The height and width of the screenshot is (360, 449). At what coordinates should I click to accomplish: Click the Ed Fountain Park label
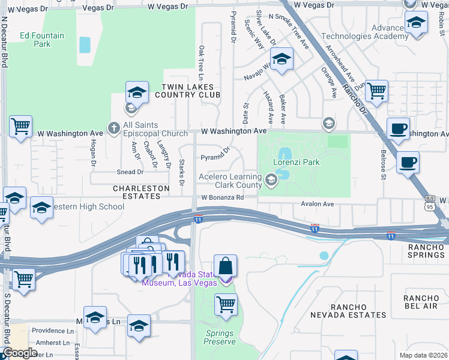(x=41, y=40)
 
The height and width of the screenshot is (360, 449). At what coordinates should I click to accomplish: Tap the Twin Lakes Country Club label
(x=188, y=91)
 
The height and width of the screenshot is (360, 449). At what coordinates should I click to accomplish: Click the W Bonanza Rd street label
(x=222, y=197)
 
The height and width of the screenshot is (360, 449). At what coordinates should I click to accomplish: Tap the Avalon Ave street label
(x=317, y=204)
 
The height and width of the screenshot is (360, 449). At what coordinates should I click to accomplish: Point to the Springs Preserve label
(x=220, y=337)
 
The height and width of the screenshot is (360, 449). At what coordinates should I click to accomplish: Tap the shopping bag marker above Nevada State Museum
(x=225, y=266)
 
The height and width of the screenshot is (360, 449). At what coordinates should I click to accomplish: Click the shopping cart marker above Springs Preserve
(x=225, y=304)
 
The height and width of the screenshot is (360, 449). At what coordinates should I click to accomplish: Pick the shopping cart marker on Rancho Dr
(x=376, y=91)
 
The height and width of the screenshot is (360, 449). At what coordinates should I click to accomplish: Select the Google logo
(x=20, y=353)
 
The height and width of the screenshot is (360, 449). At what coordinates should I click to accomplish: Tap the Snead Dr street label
(x=131, y=172)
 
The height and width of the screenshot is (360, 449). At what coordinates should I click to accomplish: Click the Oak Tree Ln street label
(x=201, y=62)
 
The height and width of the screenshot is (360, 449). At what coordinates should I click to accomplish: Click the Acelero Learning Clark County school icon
(x=271, y=178)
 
